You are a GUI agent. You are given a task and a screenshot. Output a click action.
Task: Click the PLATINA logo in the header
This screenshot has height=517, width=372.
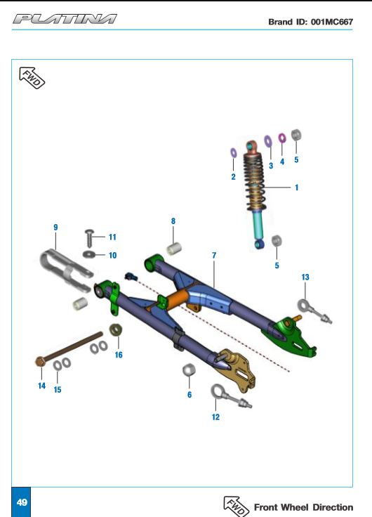(65, 19)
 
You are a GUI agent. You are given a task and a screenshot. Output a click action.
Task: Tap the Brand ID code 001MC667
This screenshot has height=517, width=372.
(332, 22)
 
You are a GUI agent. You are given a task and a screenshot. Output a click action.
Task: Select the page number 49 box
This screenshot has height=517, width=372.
(22, 502)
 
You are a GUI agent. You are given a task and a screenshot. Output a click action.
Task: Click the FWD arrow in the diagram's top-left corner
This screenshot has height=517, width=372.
(32, 78)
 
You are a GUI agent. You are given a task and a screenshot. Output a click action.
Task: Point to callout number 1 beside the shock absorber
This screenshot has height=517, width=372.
(296, 188)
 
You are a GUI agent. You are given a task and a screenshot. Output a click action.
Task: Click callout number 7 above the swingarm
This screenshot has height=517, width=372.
(214, 255)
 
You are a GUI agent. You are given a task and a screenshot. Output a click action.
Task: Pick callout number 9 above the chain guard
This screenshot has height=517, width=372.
(55, 227)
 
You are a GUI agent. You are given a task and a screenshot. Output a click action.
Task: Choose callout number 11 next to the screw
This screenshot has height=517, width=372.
(112, 237)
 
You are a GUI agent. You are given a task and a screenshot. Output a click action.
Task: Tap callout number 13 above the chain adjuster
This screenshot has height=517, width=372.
(305, 277)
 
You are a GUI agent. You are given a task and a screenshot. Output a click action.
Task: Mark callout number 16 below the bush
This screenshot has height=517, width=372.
(119, 355)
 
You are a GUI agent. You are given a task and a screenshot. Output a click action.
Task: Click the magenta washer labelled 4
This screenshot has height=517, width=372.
(282, 138)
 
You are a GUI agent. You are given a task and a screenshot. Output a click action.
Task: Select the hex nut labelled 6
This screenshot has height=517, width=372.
(189, 370)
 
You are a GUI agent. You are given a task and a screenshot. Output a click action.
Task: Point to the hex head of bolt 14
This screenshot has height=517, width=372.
(40, 362)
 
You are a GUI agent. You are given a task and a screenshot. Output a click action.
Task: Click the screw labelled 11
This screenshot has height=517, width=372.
(89, 238)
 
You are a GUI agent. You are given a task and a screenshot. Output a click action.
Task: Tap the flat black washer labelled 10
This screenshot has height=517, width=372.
(89, 254)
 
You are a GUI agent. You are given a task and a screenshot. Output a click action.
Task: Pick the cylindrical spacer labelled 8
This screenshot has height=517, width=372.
(173, 249)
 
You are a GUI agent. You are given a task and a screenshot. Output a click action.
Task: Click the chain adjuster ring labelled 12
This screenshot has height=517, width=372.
(218, 392)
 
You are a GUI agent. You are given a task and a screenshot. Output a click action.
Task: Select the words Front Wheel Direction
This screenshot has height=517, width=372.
(303, 507)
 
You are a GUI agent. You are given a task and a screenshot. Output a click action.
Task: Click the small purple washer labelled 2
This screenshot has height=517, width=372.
(233, 153)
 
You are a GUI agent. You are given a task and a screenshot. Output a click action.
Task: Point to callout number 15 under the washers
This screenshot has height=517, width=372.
(58, 390)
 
